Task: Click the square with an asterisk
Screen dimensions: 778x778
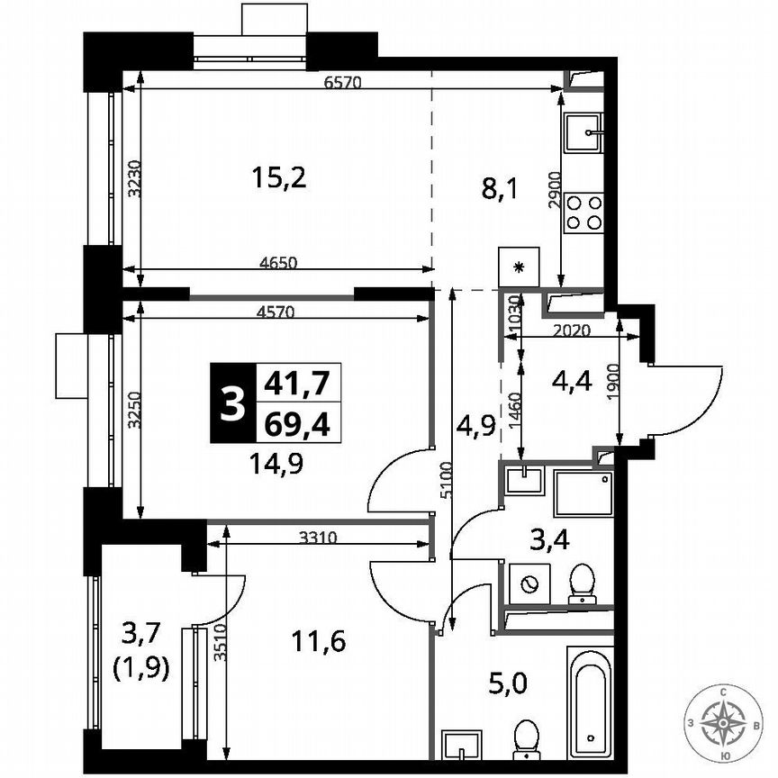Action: (518, 267)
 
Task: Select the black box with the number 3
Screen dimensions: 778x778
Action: (231, 403)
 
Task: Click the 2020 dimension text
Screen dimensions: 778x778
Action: (572, 330)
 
